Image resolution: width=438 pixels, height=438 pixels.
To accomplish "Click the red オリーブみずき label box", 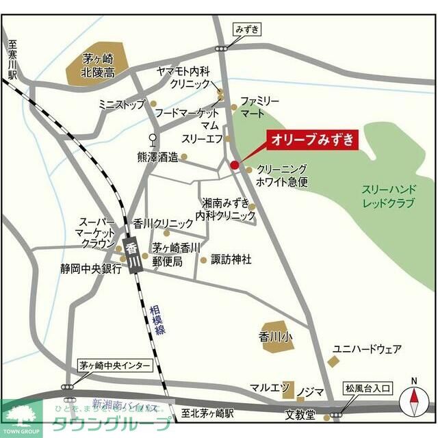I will tap(313, 140).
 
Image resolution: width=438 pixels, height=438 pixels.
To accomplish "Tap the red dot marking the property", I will tap(234, 165).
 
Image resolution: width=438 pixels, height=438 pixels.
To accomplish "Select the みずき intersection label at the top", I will tap(248, 29).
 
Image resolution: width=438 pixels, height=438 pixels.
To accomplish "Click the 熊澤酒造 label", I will tap(157, 157).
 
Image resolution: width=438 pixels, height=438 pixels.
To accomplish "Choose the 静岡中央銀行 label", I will tap(90, 269).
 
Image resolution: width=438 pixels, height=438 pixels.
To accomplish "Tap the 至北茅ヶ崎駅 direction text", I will tap(208, 413).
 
